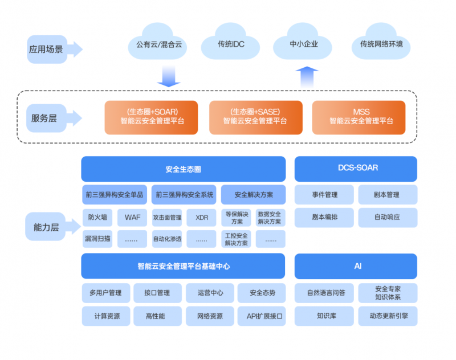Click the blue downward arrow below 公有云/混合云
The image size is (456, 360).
169,76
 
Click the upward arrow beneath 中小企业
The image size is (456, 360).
307,77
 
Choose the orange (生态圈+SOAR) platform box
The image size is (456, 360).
151,117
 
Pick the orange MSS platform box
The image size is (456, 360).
359,117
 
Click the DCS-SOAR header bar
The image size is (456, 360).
356,169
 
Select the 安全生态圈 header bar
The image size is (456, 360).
183,169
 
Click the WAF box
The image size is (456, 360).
132,218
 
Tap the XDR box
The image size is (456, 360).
202,218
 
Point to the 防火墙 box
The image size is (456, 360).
97,218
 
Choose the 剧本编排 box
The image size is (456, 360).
324,218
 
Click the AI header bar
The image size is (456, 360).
356,266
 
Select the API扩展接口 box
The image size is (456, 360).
262,316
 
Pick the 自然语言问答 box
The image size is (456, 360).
324,293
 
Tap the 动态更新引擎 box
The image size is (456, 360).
388,316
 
